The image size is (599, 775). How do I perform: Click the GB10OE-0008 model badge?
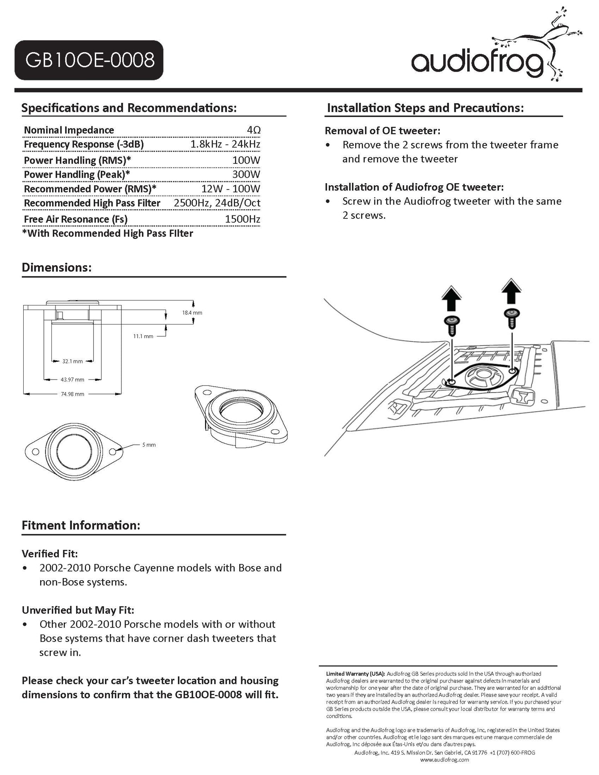pos(89,60)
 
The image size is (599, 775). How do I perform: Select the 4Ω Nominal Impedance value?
pos(253,130)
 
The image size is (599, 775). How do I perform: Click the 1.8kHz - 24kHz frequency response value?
pos(225,144)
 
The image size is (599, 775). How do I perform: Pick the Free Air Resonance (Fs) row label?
pos(75,219)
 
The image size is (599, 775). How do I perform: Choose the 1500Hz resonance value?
pos(242,219)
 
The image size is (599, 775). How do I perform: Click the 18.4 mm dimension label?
pos(192,313)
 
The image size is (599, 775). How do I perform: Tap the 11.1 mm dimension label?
pos(143,336)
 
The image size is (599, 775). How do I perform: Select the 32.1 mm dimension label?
pos(73,361)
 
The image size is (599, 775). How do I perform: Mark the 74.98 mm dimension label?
pos(73,394)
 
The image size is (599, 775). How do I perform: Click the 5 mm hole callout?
pos(149,445)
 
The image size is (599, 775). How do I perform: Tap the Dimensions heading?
pos(56,267)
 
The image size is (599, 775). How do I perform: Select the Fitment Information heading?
pos(81,526)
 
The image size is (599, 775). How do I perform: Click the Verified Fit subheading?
pos(50,554)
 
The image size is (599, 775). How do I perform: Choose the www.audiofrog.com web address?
pos(444,760)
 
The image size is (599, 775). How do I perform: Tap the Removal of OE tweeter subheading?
pos(382,131)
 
